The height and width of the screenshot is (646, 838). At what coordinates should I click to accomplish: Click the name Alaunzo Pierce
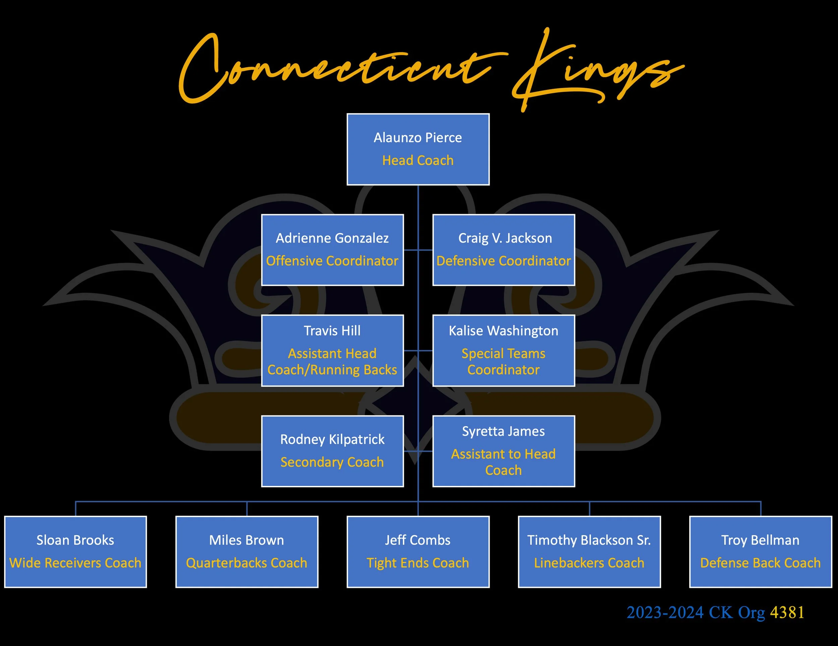click(x=418, y=138)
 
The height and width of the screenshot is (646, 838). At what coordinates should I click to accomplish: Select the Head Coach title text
click(x=418, y=160)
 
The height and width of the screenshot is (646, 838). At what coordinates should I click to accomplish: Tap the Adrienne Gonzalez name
click(x=332, y=238)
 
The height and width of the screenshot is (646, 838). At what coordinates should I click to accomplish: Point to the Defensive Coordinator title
click(x=503, y=261)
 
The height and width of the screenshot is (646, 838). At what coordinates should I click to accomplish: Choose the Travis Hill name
click(x=332, y=331)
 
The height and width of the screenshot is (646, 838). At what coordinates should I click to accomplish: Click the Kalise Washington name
click(x=503, y=331)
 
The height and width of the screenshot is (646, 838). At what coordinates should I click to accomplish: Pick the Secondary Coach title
click(x=332, y=462)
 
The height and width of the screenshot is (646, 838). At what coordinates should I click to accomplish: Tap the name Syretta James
click(x=503, y=431)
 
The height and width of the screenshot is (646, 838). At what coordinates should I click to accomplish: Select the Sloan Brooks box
click(x=76, y=552)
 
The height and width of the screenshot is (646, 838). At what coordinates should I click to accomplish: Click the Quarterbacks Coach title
click(x=247, y=563)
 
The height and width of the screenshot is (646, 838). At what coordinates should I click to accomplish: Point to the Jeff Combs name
click(x=418, y=540)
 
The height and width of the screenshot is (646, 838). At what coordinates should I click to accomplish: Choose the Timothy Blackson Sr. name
click(x=589, y=540)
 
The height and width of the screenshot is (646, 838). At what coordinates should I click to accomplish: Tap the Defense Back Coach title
click(x=761, y=563)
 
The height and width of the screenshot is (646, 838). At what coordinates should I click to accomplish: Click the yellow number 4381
click(x=787, y=612)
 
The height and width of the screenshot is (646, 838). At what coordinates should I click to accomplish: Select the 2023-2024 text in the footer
click(x=665, y=612)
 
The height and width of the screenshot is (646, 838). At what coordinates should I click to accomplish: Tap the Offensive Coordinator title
click(x=332, y=261)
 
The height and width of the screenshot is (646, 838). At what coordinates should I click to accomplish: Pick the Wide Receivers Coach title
click(x=76, y=563)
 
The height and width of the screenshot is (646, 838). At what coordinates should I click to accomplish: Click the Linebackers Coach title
click(x=589, y=563)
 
